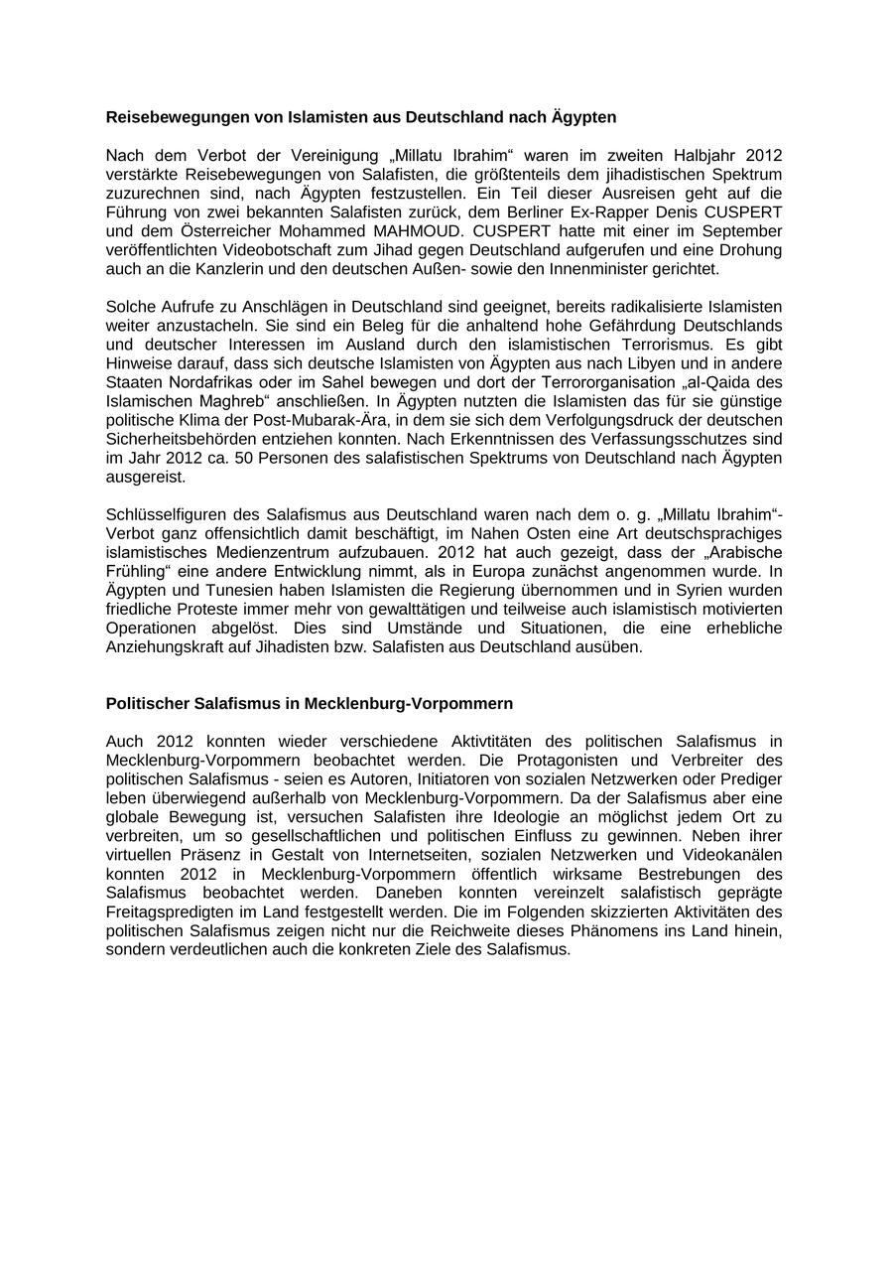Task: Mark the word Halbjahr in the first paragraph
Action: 705,155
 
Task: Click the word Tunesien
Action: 209,590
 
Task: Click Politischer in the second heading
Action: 146,703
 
